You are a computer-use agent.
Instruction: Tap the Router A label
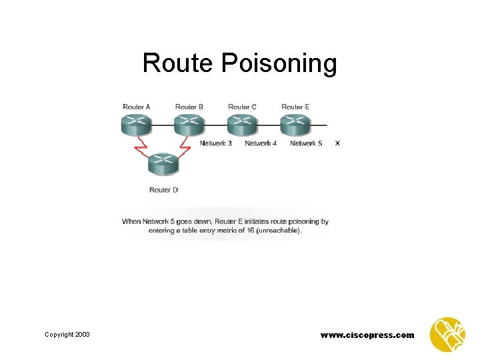tap(137, 107)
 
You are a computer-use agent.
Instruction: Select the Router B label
tap(189, 107)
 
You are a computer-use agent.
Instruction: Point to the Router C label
tap(242, 107)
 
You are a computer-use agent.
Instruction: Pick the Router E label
tap(295, 107)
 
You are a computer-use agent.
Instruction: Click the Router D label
tap(163, 190)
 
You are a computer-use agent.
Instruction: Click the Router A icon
tap(136, 125)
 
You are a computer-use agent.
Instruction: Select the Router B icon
tap(189, 125)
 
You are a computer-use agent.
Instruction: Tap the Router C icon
tap(241, 125)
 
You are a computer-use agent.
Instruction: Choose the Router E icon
tap(295, 125)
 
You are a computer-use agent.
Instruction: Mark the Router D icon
tap(162, 163)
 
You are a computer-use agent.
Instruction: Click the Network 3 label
tap(216, 143)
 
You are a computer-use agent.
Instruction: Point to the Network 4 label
tap(261, 143)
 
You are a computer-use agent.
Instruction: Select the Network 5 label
tap(306, 143)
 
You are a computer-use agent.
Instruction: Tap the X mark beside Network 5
tap(337, 143)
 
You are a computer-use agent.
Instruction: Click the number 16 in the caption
tap(251, 231)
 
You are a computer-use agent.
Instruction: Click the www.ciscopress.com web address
tap(367, 335)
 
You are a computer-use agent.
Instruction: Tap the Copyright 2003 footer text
tap(67, 334)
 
